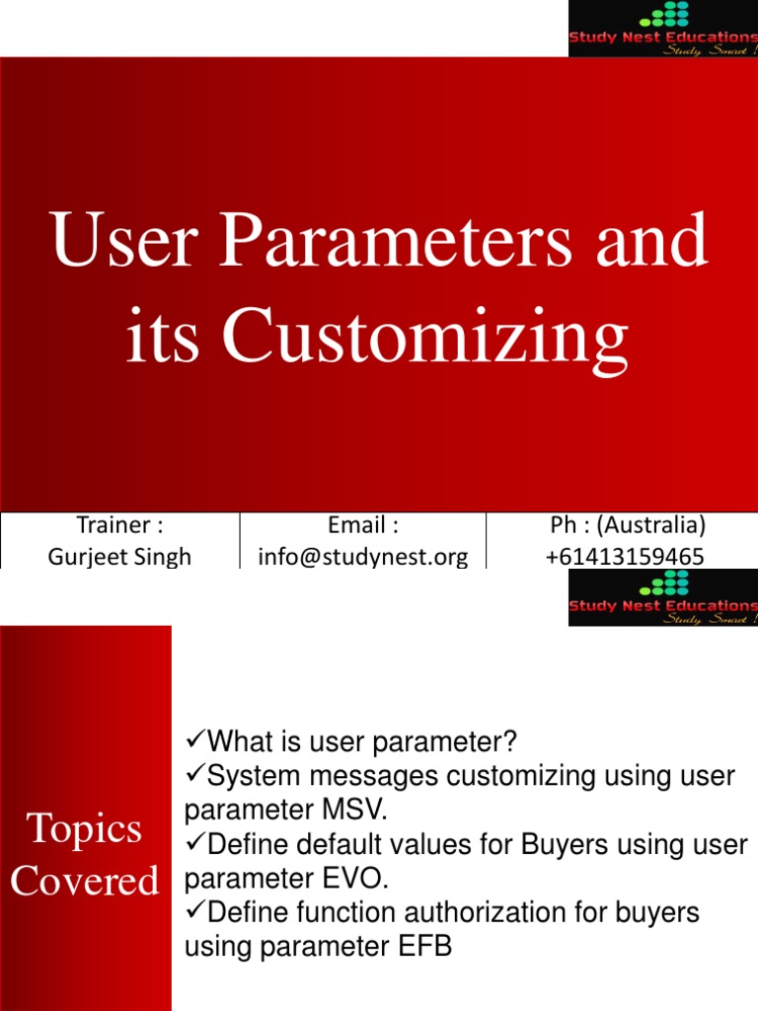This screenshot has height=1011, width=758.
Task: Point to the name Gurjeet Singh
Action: (x=119, y=557)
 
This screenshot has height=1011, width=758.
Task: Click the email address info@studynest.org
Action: (x=362, y=557)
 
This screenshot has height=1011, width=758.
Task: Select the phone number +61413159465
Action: (x=625, y=557)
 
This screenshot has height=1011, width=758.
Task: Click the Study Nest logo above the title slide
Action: (x=662, y=28)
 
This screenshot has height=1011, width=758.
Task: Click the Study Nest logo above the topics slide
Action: (x=662, y=596)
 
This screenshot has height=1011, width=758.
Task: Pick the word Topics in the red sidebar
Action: (x=85, y=829)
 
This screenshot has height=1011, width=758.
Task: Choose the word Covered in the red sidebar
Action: (x=85, y=881)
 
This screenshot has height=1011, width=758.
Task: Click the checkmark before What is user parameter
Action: (x=194, y=740)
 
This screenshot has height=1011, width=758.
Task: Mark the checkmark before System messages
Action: (x=194, y=776)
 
